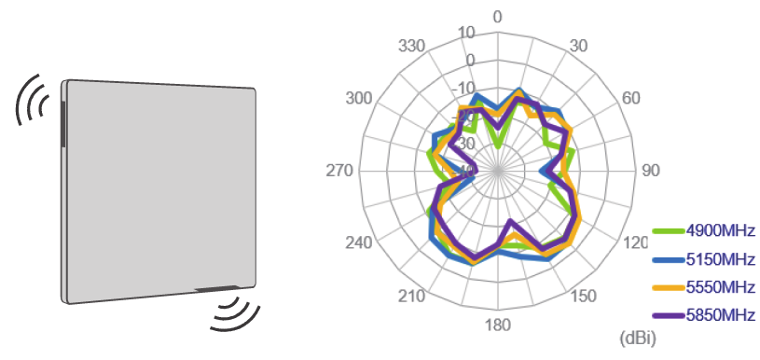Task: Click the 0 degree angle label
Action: tap(498, 18)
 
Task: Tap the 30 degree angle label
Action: tap(578, 45)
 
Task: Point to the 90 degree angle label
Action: tap(650, 171)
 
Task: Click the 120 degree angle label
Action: tap(636, 242)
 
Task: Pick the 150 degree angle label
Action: tap(584, 297)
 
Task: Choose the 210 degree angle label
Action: tap(413, 297)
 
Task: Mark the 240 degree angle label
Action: tap(359, 242)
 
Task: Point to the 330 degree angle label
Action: tap(412, 45)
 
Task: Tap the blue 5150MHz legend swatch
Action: tap(668, 258)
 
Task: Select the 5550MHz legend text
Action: tap(719, 286)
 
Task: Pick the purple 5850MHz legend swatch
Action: tap(668, 314)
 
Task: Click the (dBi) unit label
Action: tap(639, 336)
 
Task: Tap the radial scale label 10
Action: tap(467, 33)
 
